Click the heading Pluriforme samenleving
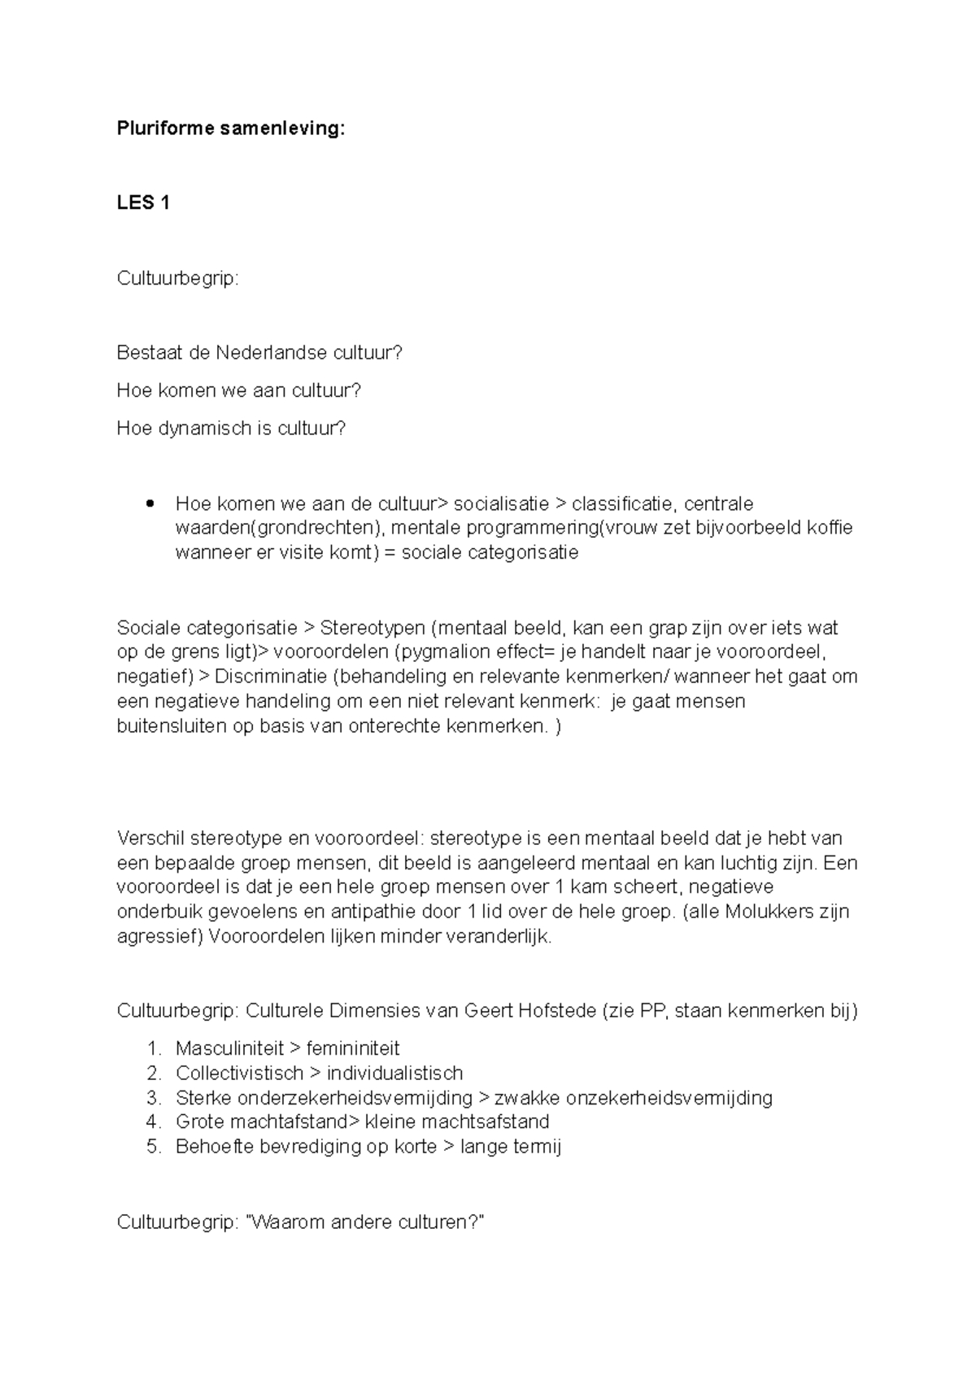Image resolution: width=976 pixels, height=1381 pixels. click(231, 128)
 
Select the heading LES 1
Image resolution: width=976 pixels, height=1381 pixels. click(143, 203)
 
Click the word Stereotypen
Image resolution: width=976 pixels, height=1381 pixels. click(373, 628)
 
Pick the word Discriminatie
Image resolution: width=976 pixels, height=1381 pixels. click(270, 677)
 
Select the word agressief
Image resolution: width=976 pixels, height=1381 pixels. click(159, 936)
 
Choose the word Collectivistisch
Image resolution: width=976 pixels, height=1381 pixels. click(239, 1073)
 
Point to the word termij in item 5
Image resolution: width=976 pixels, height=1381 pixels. click(535, 1148)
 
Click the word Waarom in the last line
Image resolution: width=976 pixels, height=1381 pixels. click(283, 1222)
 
